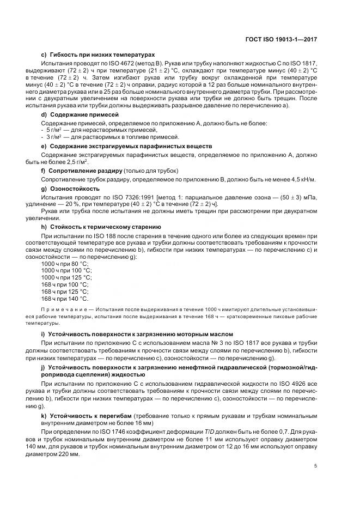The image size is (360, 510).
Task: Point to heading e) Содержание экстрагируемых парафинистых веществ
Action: point(126,147)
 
